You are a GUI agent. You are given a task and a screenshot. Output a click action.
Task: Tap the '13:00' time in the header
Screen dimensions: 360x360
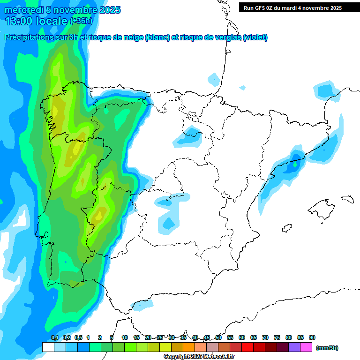pyautogui.click(x=20, y=21)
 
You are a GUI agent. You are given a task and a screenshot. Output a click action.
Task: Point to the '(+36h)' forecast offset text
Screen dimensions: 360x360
pyautogui.click(x=81, y=21)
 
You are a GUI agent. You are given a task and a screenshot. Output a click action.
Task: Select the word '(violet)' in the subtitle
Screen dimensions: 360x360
pyautogui.click(x=255, y=37)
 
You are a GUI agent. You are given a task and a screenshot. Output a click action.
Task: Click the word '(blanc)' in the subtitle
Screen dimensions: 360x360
pyautogui.click(x=157, y=37)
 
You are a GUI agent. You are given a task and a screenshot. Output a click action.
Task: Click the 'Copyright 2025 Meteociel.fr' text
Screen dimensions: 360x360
pyautogui.click(x=199, y=357)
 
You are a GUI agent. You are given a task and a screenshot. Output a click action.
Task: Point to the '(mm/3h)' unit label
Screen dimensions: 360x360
pyautogui.click(x=327, y=348)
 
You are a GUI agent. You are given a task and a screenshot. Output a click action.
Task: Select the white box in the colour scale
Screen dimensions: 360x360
pyautogui.click(x=48, y=347)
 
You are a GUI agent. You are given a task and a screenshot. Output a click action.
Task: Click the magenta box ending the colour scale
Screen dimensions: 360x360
pyautogui.click(x=306, y=347)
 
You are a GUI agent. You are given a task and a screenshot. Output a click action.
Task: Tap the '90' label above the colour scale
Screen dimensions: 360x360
pyautogui.click(x=312, y=337)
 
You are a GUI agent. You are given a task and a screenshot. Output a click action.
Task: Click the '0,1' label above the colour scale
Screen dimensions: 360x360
pyautogui.click(x=54, y=337)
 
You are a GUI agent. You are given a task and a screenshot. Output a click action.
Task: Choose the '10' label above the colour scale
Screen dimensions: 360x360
pyautogui.click(x=125, y=337)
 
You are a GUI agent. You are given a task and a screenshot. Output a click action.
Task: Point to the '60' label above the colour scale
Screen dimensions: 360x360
pyautogui.click(x=242, y=337)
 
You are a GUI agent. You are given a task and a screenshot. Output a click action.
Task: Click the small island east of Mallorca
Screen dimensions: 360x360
pyautogui.click(x=347, y=199)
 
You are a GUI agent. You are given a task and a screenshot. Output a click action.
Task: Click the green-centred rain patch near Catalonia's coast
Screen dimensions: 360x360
pyautogui.click(x=295, y=164)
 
